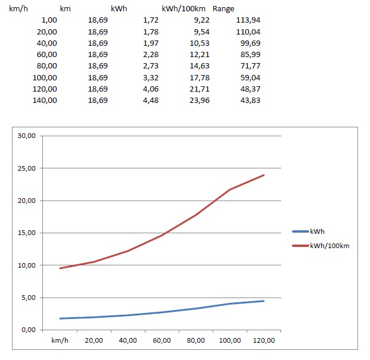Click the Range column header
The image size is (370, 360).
click(223, 9)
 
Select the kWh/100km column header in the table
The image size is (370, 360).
click(184, 9)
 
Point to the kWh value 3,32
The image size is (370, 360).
click(149, 77)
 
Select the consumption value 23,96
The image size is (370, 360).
click(199, 100)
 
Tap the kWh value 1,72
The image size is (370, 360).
click(149, 20)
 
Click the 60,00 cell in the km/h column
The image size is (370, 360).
click(48, 55)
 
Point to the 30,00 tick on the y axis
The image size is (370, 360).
click(28, 136)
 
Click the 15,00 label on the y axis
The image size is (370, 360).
click(28, 233)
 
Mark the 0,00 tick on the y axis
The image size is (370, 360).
click(30, 330)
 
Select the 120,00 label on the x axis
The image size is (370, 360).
click(264, 340)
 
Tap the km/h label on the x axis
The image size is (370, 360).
click(60, 340)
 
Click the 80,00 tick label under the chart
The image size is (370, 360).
click(196, 340)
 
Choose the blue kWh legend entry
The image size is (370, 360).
click(316, 231)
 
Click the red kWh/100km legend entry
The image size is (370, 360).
click(328, 245)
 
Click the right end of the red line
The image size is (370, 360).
click(263, 175)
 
